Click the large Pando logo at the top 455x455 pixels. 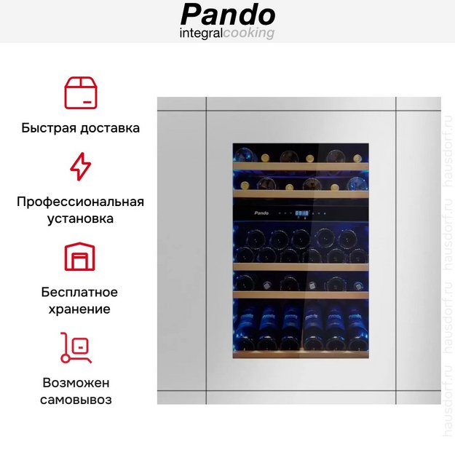click(228, 15)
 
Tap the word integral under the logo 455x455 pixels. click(201, 33)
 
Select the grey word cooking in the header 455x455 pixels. click(249, 33)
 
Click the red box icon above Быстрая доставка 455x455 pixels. click(81, 93)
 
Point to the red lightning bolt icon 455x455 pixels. click(81, 167)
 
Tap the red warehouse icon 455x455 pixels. click(80, 256)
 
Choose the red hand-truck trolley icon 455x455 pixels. click(76, 348)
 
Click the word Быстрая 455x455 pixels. click(49, 128)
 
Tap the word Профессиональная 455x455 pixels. click(80, 202)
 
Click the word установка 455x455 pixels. click(80, 218)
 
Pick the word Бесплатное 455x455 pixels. click(79, 292)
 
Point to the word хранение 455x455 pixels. click(79, 309)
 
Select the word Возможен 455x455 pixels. click(76, 383)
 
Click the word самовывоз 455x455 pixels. click(76, 400)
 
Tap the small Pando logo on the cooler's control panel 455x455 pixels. click(261, 213)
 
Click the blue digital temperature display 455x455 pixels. click(302, 213)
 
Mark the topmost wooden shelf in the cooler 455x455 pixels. click(301, 166)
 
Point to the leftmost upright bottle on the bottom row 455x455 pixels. click(246, 328)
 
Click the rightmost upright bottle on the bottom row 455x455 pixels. click(356, 328)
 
